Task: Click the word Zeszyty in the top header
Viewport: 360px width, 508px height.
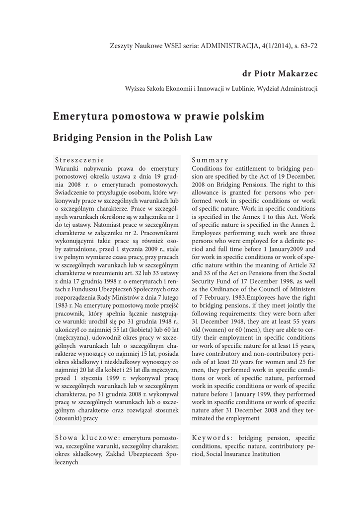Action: click(x=121, y=46)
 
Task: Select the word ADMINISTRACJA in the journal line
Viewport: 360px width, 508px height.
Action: click(x=232, y=46)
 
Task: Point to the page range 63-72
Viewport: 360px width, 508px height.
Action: click(x=307, y=46)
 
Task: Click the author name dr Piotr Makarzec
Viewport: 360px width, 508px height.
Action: click(x=280, y=74)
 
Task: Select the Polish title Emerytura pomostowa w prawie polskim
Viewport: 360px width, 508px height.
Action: click(x=158, y=117)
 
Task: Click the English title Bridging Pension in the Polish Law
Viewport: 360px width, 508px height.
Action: click(x=133, y=138)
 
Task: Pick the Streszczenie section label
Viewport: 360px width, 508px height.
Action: click(x=79, y=160)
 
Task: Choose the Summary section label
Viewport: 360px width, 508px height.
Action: click(x=210, y=160)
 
